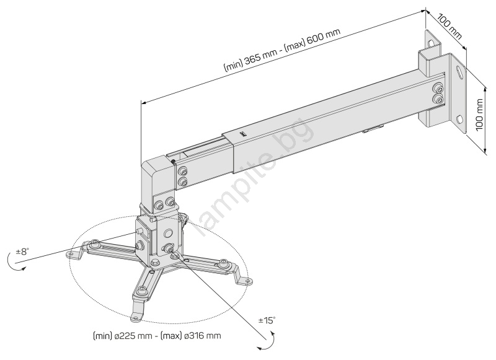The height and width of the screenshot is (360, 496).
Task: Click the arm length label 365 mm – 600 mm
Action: (282, 50)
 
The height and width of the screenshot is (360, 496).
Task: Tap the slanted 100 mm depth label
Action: (449, 26)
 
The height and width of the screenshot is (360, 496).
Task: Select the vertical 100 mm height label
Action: (480, 115)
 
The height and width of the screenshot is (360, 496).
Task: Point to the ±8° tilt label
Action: (22, 252)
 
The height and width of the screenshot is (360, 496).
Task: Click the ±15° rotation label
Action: (267, 320)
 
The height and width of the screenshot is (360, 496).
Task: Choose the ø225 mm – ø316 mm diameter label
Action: (157, 336)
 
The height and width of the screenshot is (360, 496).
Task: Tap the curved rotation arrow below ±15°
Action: (267, 341)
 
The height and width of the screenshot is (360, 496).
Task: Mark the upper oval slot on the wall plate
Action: (459, 71)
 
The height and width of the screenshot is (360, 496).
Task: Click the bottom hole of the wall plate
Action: (459, 120)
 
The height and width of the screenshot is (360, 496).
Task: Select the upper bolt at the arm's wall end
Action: (438, 87)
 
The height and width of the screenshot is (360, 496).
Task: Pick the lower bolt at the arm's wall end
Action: (438, 99)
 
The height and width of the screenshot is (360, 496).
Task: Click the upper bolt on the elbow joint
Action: (182, 172)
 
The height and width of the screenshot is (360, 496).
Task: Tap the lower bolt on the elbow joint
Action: (182, 182)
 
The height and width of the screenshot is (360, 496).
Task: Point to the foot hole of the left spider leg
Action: (70, 254)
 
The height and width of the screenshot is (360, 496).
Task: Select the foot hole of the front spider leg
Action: (136, 318)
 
